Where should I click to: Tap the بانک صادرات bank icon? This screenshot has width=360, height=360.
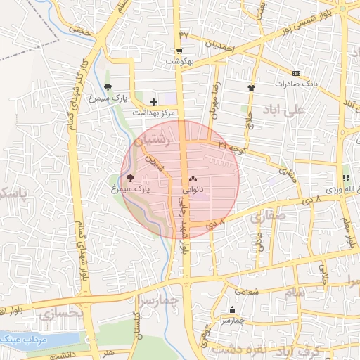pos(296,73)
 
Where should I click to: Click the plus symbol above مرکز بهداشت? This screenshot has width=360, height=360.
pos(153,103)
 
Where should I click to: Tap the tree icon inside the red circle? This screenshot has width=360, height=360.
pos(129,178)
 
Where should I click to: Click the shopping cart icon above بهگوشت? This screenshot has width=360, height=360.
pos(180,51)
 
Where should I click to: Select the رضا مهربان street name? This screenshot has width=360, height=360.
pos(216,98)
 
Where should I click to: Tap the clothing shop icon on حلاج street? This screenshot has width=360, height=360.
pos(251,88)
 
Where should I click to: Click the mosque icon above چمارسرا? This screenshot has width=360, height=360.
pos(233,310)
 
